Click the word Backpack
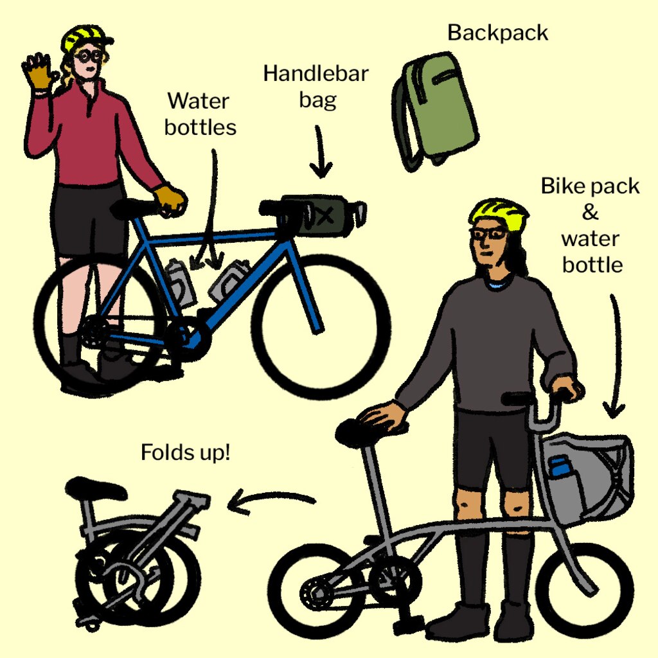click(x=498, y=33)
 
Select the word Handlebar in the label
click(x=316, y=74)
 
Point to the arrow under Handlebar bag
click(x=321, y=152)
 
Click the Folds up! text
click(x=186, y=452)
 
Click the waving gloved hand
click(x=39, y=71)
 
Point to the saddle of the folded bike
click(x=96, y=488)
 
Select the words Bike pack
click(x=590, y=186)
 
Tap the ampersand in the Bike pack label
click(x=590, y=212)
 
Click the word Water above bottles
click(x=198, y=101)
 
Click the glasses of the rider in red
click(x=89, y=57)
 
